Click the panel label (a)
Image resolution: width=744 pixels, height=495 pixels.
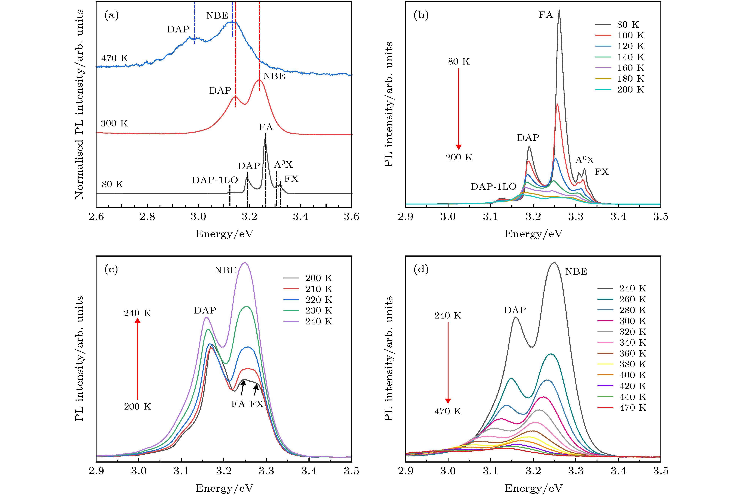(111, 15)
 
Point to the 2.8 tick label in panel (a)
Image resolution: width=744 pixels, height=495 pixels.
(147, 217)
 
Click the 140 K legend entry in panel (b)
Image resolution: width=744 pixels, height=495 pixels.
(620, 57)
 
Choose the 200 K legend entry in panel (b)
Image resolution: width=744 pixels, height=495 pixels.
(620, 90)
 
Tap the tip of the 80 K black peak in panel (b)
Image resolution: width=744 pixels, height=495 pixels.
(559, 9)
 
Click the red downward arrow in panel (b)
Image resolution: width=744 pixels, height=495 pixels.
(459, 109)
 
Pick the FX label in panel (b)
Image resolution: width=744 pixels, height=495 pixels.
(602, 172)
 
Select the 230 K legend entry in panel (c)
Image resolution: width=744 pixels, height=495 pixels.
(308, 311)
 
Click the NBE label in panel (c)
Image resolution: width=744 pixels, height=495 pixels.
(225, 270)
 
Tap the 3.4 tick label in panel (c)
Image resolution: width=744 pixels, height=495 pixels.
(309, 471)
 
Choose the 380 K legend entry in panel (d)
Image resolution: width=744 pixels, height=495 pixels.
(622, 364)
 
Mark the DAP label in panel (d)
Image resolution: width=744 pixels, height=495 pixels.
(515, 310)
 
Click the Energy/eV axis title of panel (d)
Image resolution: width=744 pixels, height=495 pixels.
(533, 488)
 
